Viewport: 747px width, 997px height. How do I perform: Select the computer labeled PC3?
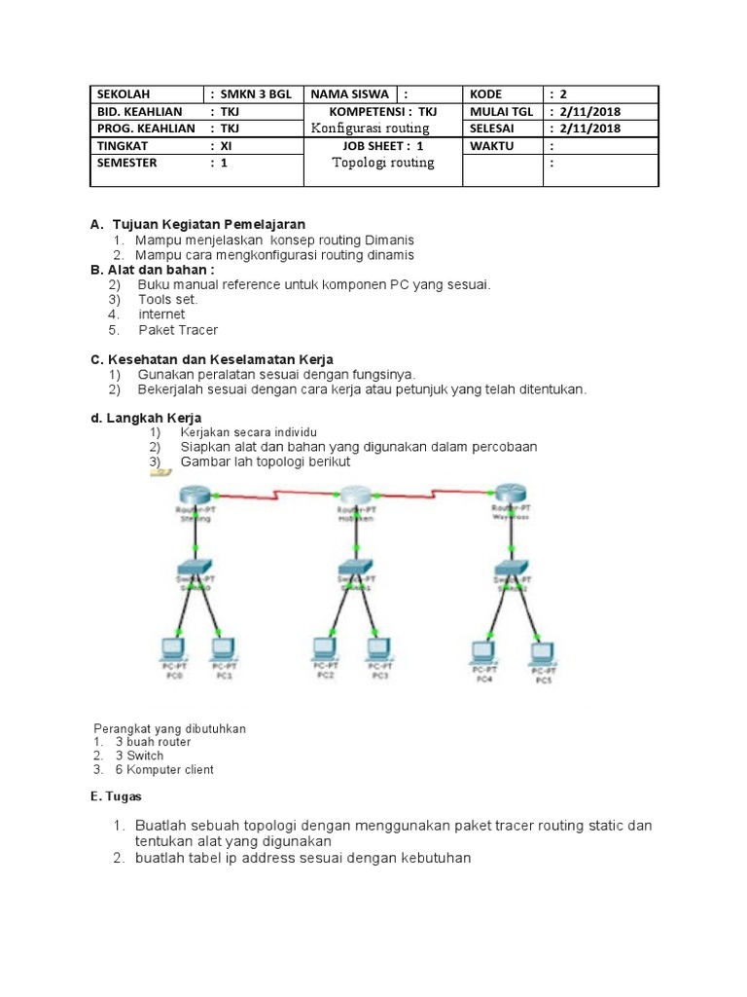coord(377,649)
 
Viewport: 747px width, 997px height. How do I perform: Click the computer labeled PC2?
coord(325,649)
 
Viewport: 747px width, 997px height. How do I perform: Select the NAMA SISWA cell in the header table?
coord(350,94)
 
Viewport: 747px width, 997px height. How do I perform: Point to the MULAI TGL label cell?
coord(502,111)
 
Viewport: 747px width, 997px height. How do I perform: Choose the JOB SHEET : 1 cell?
coord(383,145)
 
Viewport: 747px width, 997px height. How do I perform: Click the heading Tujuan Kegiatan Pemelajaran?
coord(208,224)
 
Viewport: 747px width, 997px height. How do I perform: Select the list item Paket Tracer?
coord(178,330)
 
